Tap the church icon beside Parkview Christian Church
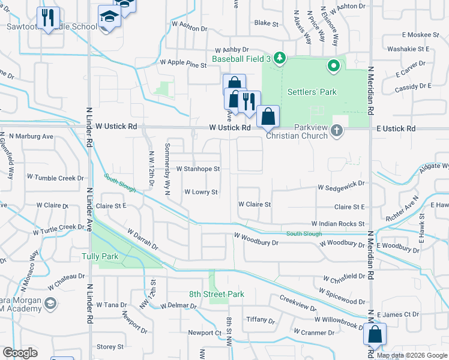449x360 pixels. [x=337, y=130]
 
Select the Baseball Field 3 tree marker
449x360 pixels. [x=279, y=58]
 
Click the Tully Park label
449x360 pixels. [x=100, y=257]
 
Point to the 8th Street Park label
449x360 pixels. [x=217, y=295]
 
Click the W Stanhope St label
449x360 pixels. [x=198, y=169]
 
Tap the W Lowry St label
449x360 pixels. [x=200, y=192]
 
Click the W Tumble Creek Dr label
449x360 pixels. [x=55, y=178]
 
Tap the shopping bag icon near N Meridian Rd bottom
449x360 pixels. [x=375, y=334]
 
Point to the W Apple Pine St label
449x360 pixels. [x=183, y=62]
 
